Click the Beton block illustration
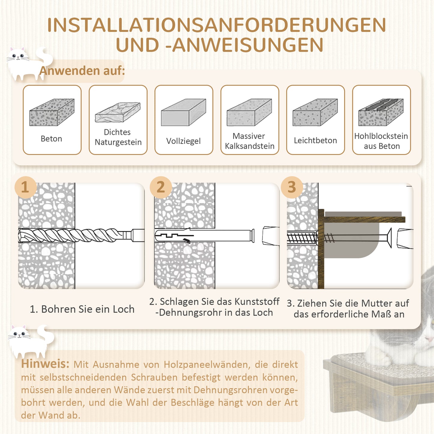(52, 112)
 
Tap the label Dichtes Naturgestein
(118, 137)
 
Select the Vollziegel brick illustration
(184, 112)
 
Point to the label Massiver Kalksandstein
(249, 141)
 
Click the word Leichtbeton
(315, 141)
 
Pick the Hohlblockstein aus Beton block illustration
(381, 112)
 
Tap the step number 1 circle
(26, 187)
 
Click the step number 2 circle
(161, 187)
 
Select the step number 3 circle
(292, 187)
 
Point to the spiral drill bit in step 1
(75, 235)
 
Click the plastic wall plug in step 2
(204, 235)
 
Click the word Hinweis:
(45, 364)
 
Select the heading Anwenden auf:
(82, 71)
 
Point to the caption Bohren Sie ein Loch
(82, 309)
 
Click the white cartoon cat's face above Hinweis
(19, 334)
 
